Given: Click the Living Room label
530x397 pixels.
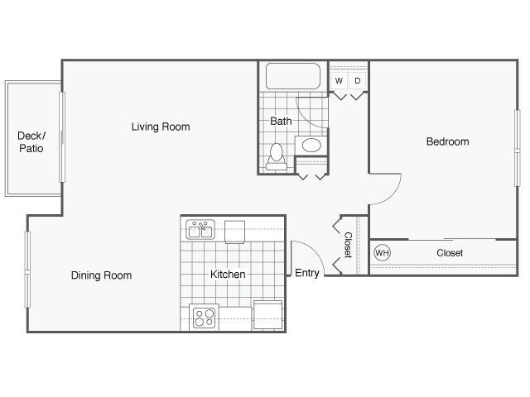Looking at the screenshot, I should [161, 127].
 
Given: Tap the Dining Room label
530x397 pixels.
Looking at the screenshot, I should [101, 275].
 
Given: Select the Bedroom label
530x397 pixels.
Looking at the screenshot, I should [447, 141].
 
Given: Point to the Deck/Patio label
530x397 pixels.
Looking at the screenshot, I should [31, 142].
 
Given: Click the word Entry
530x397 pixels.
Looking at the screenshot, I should [307, 274].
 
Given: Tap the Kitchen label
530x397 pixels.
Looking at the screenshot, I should [228, 275].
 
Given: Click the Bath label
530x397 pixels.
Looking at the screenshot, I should [281, 121].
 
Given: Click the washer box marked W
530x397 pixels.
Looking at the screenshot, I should [339, 80].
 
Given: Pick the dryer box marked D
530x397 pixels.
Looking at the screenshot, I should [358, 80].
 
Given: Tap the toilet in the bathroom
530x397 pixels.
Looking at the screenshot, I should [277, 156].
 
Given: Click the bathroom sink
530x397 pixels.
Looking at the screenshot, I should [311, 146].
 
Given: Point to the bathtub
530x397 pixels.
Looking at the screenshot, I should [292, 77].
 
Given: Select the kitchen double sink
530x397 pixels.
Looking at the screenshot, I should [200, 228].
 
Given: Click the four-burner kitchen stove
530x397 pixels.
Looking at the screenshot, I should [203, 317].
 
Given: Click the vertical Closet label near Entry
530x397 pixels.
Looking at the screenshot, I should [349, 245].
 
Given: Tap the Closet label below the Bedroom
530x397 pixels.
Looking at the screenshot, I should [450, 253].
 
